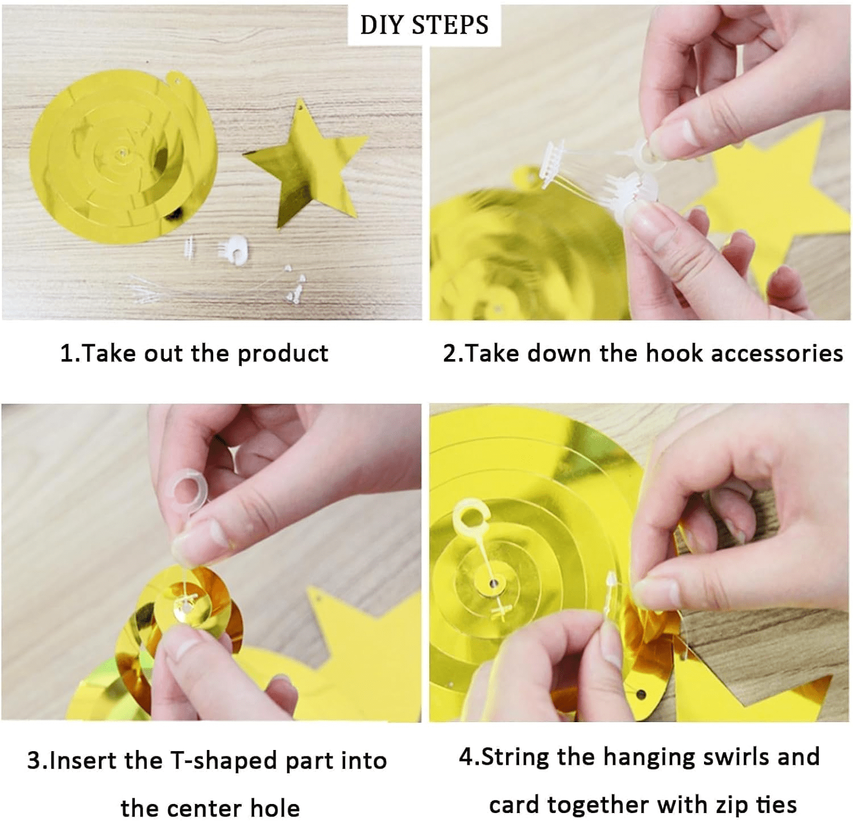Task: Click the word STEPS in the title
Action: point(450,25)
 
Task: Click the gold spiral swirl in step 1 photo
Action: point(122,156)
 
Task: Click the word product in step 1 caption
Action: point(283,353)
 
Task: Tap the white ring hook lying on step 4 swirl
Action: point(471,517)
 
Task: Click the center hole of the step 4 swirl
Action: point(493,583)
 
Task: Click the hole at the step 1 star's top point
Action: point(299,108)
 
